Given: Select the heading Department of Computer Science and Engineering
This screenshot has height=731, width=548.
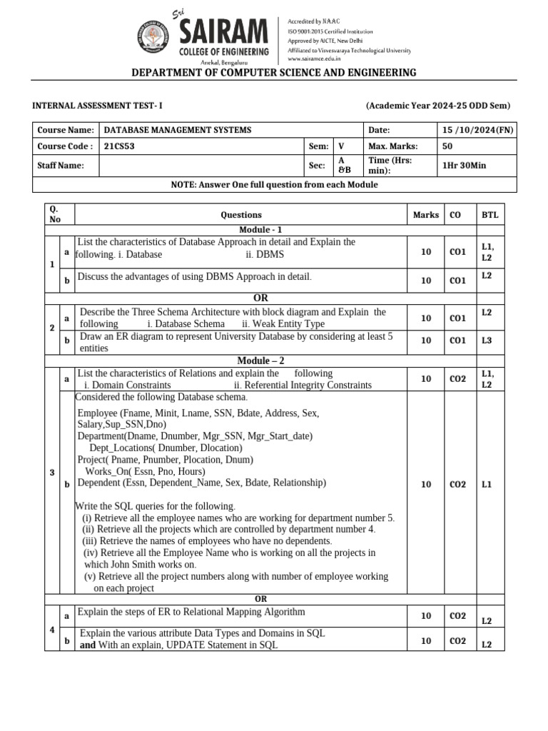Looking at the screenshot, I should tap(274, 73).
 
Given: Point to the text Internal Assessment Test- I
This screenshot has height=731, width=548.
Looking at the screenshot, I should tap(98, 106).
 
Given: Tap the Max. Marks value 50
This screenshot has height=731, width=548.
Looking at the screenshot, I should tap(448, 146).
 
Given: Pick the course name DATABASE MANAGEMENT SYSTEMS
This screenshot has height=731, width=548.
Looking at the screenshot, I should tap(178, 130).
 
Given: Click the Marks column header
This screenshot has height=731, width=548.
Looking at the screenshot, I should tap(426, 215).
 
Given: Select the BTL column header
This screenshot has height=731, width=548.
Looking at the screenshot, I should tap(490, 215).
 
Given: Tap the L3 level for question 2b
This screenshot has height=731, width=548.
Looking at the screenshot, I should tap(487, 341).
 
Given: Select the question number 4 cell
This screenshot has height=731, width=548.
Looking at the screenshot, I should tap(51, 630).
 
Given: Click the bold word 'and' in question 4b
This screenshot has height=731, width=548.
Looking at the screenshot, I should tap(87, 645).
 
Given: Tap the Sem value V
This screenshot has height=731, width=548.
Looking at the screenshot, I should tap(340, 146).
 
